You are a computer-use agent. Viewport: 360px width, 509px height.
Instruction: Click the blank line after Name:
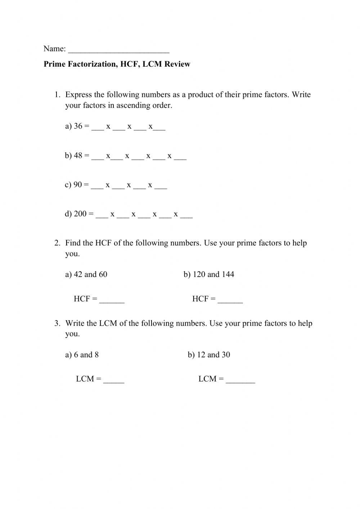(118, 50)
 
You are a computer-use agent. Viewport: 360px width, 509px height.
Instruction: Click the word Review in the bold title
(177, 64)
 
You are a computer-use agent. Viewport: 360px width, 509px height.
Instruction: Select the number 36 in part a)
(78, 126)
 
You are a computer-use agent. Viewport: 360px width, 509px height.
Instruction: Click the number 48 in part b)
(78, 156)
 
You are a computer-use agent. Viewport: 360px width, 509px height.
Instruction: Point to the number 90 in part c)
(78, 185)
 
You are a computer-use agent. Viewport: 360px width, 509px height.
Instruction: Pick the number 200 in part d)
(80, 214)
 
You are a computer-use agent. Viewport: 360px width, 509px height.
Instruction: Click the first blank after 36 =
(98, 128)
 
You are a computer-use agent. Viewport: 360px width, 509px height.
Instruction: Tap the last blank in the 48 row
(180, 158)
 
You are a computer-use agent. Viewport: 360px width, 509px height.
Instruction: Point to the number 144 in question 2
(228, 274)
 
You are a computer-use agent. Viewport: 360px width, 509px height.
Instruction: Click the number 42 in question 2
(78, 274)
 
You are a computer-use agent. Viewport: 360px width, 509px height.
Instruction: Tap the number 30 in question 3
(226, 355)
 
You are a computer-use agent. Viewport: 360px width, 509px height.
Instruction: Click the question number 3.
(57, 323)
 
